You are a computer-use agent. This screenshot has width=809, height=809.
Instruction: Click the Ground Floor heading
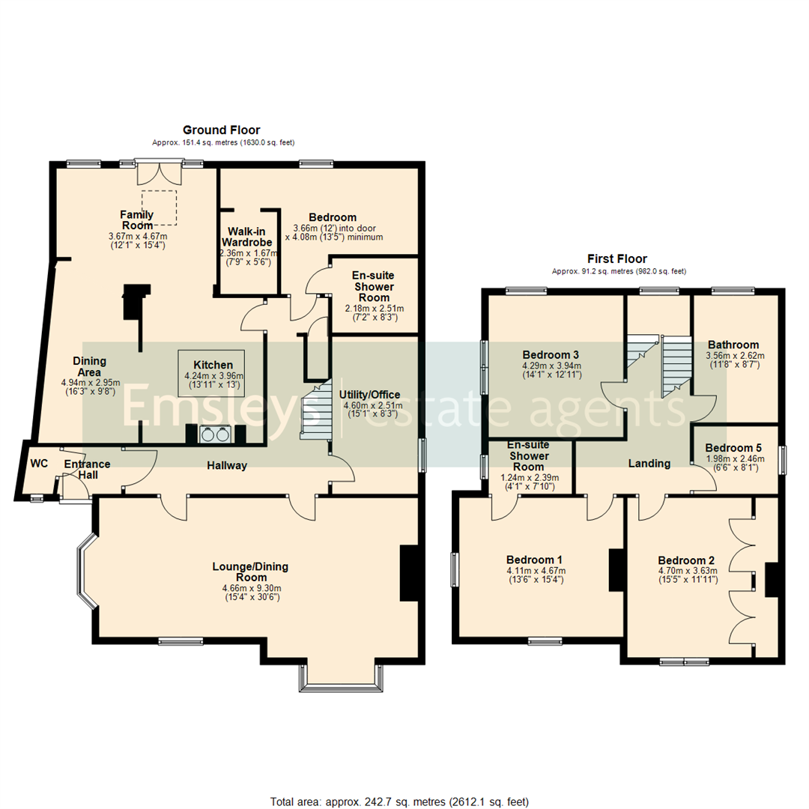[x=222, y=130]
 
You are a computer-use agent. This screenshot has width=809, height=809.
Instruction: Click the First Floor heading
[x=618, y=259]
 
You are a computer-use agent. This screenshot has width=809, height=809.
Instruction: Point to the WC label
[x=39, y=464]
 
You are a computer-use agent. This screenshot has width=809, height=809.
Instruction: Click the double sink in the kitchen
[x=214, y=434]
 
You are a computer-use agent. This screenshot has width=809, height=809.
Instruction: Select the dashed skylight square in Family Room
[x=166, y=207]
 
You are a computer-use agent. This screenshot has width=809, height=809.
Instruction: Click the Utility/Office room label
[x=370, y=395]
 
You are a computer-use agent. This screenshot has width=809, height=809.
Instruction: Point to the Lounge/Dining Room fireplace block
[x=410, y=572]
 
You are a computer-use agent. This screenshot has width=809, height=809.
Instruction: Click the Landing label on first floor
[x=649, y=464]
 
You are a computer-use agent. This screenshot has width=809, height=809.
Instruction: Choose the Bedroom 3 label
[x=551, y=354]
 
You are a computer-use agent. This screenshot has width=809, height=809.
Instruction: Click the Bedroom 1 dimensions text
[x=535, y=575]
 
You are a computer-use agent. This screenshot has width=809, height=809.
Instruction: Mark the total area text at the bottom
[x=399, y=802]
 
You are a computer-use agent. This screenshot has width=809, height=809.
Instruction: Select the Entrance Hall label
[x=87, y=470]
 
